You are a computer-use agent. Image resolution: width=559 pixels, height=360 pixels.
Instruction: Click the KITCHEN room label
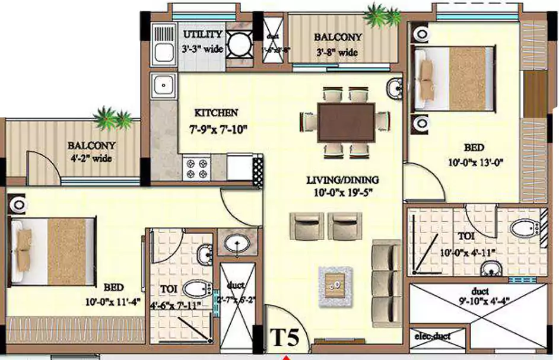(216, 112)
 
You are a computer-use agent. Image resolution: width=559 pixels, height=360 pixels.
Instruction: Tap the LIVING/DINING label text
(343, 180)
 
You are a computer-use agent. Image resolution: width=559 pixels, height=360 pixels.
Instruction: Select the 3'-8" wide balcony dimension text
(338, 52)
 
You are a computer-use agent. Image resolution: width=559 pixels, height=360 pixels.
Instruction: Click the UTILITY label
(202, 35)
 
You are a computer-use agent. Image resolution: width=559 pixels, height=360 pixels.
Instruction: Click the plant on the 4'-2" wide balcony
(113, 119)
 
